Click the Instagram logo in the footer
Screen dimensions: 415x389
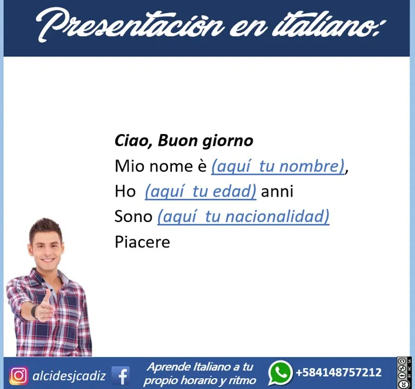(18, 375)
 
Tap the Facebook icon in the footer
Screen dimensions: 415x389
(121, 375)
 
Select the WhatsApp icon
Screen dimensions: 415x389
(280, 373)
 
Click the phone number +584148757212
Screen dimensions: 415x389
(339, 372)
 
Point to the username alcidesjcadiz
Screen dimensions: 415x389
(69, 376)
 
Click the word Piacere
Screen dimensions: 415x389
(142, 242)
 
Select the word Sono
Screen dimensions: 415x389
(133, 217)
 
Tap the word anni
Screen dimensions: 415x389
(277, 191)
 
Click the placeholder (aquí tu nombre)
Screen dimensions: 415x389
(278, 166)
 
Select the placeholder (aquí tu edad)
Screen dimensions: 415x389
(200, 192)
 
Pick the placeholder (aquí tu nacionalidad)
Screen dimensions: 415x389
(244, 217)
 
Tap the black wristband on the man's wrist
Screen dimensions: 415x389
(34, 311)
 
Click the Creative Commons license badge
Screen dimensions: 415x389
(404, 373)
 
